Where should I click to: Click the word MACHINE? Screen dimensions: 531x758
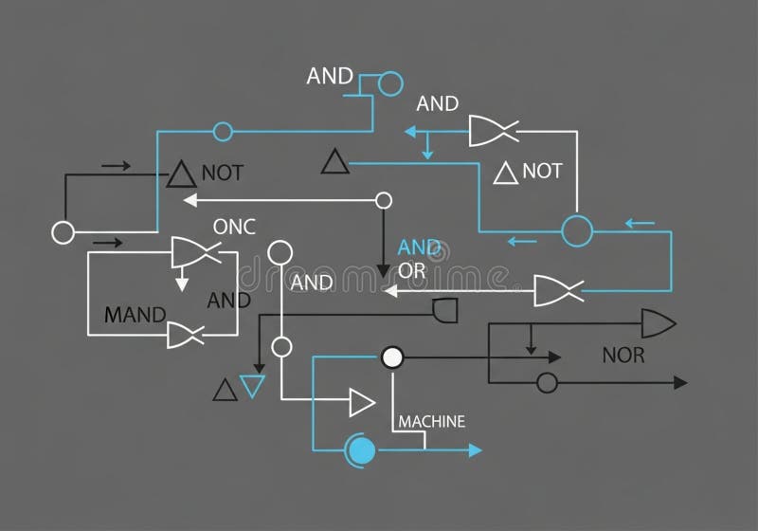pyautogui.click(x=432, y=422)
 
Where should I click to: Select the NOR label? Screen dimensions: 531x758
pyautogui.click(x=623, y=357)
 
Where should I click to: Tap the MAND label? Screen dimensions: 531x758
pyautogui.click(x=135, y=315)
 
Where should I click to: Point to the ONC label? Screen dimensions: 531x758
pyautogui.click(x=234, y=227)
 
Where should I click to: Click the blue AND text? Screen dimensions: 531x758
pyautogui.click(x=419, y=247)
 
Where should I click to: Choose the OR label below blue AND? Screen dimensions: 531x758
pyautogui.click(x=412, y=270)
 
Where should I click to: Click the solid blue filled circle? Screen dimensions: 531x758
pyautogui.click(x=360, y=449)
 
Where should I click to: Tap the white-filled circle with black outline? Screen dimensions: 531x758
pyautogui.click(x=392, y=357)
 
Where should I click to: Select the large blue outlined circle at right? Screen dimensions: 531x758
pyautogui.click(x=576, y=230)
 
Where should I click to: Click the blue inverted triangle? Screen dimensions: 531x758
pyautogui.click(x=251, y=385)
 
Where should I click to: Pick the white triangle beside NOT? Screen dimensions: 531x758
pyautogui.click(x=506, y=173)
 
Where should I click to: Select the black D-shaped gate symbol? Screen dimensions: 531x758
pyautogui.click(x=444, y=310)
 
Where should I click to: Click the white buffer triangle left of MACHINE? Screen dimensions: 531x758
pyautogui.click(x=361, y=402)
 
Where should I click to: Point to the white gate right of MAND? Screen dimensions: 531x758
pyautogui.click(x=185, y=335)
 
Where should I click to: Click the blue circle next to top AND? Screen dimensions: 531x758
pyautogui.click(x=389, y=84)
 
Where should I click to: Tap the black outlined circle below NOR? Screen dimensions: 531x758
pyautogui.click(x=546, y=382)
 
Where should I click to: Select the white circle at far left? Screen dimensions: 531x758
pyautogui.click(x=63, y=231)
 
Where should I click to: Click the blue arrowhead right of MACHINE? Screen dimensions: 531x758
pyautogui.click(x=476, y=449)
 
